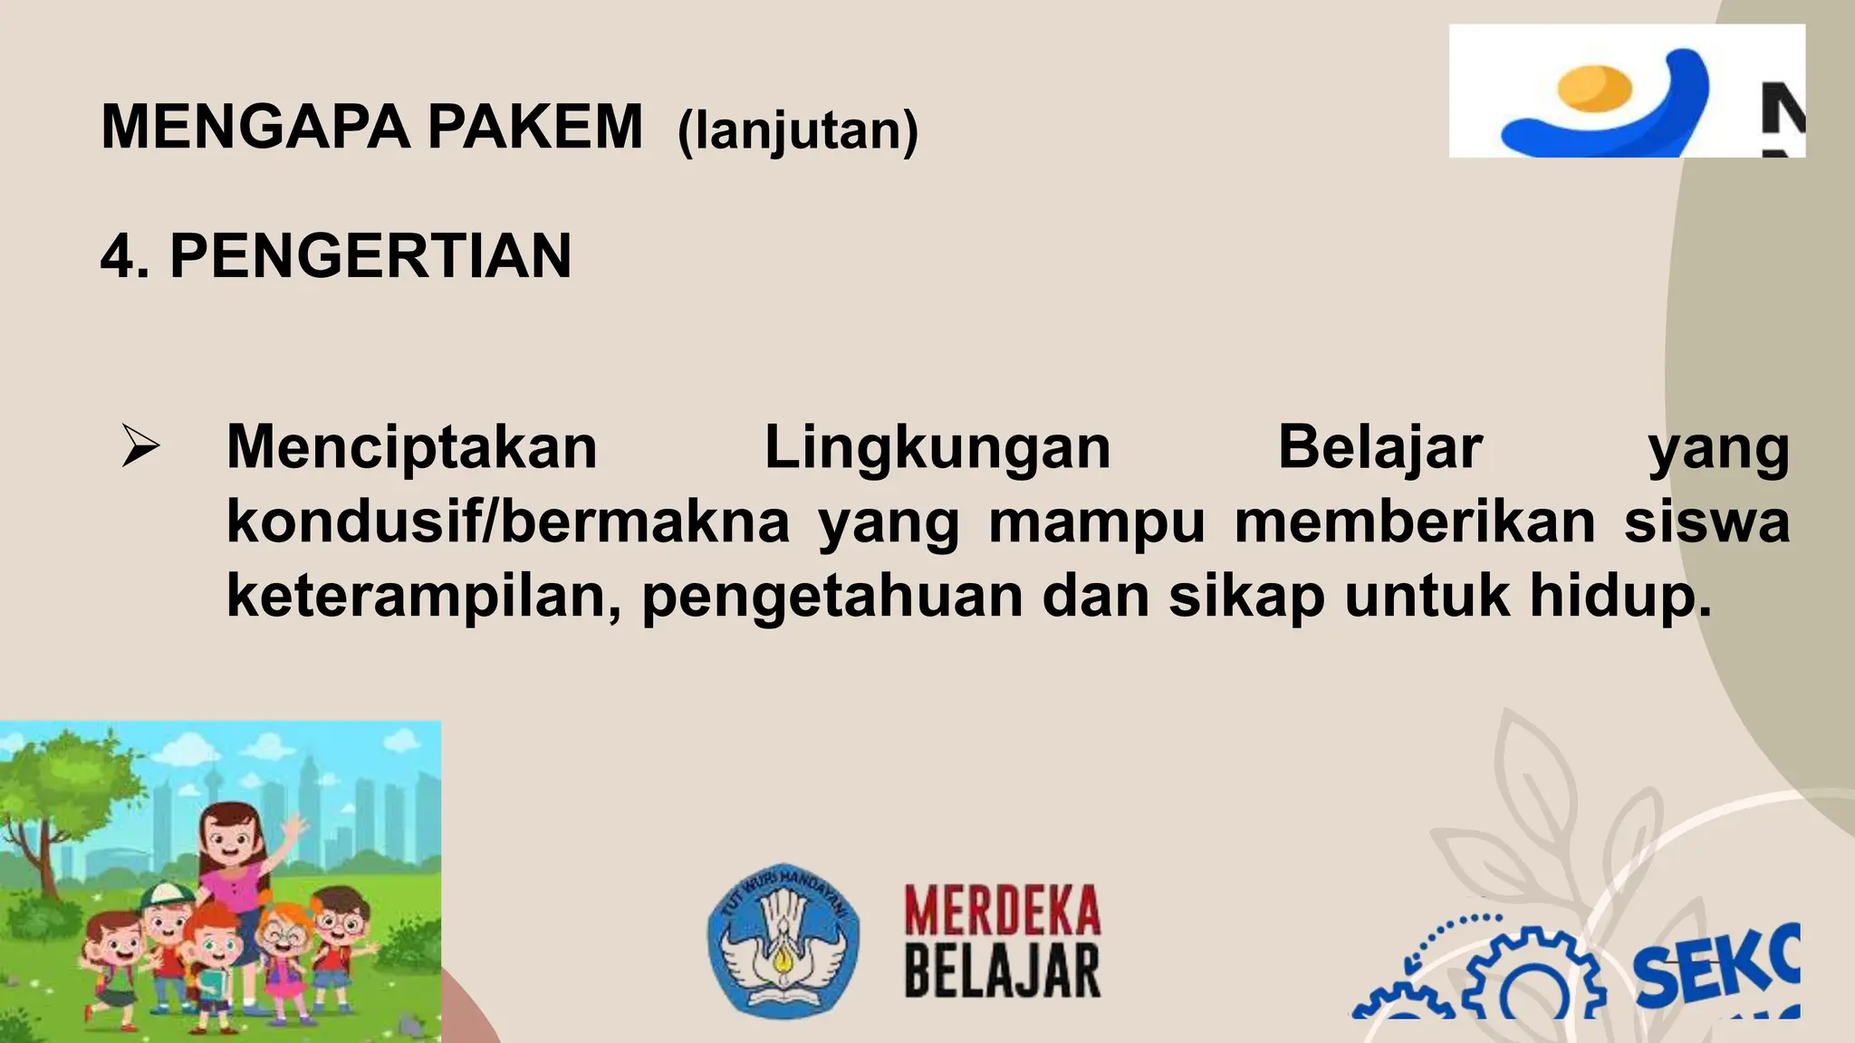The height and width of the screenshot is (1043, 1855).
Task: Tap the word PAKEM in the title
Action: pyautogui.click(x=534, y=128)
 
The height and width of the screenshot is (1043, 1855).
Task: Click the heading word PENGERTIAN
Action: pyautogui.click(x=370, y=256)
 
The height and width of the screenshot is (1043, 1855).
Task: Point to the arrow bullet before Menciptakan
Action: pyautogui.click(x=140, y=447)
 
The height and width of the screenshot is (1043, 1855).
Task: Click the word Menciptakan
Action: pyautogui.click(x=412, y=447)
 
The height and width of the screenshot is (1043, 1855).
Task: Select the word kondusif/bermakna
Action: pyautogui.click(x=507, y=522)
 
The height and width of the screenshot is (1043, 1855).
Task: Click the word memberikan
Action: pyautogui.click(x=1415, y=522)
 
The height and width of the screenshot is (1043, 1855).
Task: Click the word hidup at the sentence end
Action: pyautogui.click(x=1620, y=598)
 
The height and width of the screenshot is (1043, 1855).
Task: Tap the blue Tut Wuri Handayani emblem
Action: pyautogui.click(x=783, y=940)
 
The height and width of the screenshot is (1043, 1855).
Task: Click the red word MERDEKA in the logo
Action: pyautogui.click(x=1002, y=911)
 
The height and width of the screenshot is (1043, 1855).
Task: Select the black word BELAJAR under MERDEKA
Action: pyautogui.click(x=1002, y=971)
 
